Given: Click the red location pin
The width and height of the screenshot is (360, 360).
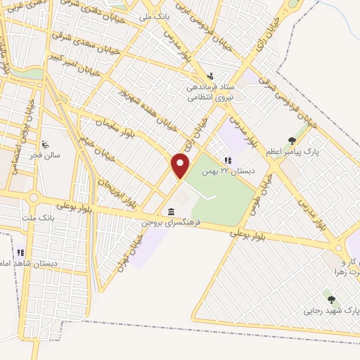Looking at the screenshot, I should pyautogui.click(x=181, y=167).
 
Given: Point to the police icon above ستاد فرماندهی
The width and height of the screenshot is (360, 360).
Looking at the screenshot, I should pyautogui.click(x=209, y=77).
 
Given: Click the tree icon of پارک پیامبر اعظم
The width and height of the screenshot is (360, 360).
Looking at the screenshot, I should pyautogui.click(x=292, y=140).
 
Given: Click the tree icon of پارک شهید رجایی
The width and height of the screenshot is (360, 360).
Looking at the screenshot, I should pyautogui.click(x=331, y=300).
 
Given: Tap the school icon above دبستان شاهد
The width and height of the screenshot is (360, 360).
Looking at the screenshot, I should pyautogui.click(x=20, y=251).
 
